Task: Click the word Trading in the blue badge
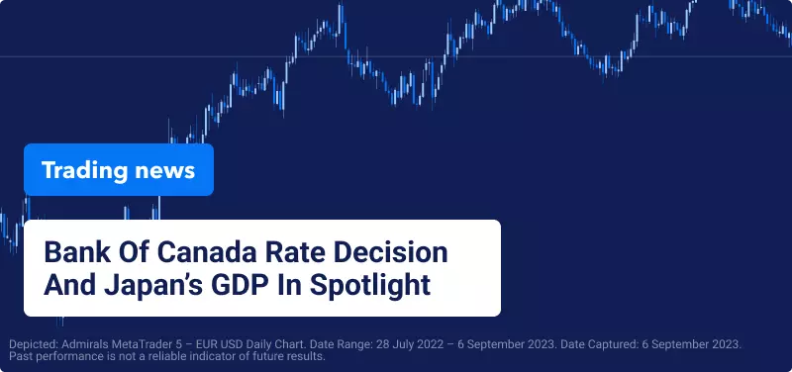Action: click(84, 170)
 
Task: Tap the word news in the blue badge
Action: click(164, 170)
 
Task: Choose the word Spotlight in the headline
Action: click(369, 285)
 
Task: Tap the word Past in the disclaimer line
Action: click(19, 356)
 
